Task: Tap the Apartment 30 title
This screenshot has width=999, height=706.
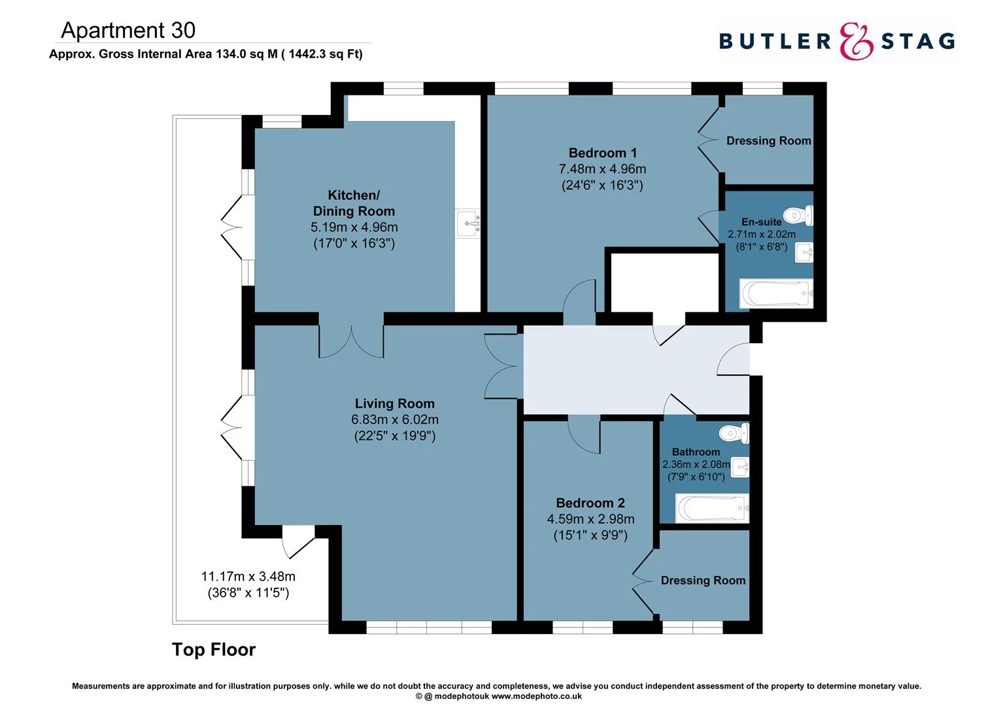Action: pos(128,30)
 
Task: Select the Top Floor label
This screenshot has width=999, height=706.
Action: pos(213,649)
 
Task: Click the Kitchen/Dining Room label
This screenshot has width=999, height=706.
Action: pos(354,203)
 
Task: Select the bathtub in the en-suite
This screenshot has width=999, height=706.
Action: pos(776,294)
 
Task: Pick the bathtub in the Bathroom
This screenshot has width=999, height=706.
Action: pos(712,509)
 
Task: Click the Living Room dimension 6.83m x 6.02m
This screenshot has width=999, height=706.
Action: pos(394,420)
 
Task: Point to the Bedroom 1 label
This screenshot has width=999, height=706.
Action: pos(602,153)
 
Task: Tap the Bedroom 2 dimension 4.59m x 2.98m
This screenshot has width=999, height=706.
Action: pos(590,519)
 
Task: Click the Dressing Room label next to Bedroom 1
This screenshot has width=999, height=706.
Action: pos(768,141)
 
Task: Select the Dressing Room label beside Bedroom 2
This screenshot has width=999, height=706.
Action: pos(703,580)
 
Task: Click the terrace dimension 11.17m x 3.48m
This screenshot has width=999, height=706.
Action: pos(248,577)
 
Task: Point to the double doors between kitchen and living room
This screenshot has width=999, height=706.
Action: pos(351,341)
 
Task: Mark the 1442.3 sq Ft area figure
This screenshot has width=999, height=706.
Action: pos(322,54)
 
